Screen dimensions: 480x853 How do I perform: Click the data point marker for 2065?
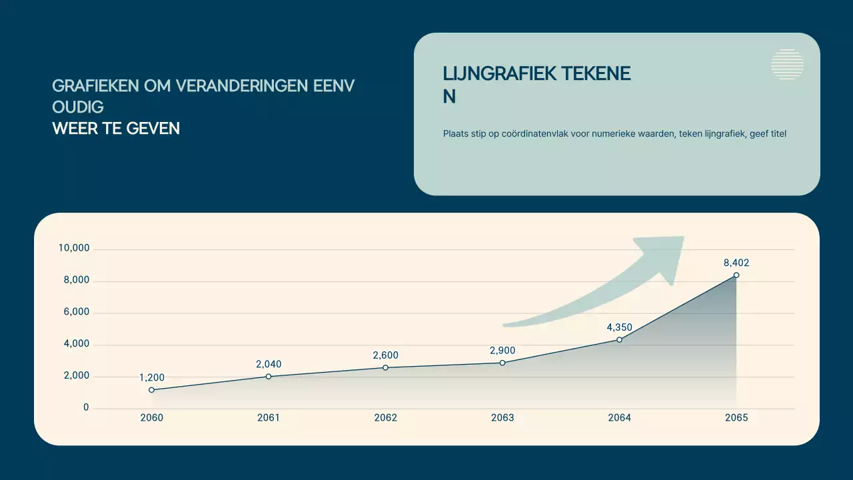(x=736, y=275)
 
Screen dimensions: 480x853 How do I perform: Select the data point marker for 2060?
(x=152, y=390)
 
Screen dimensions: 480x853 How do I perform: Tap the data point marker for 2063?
(x=502, y=363)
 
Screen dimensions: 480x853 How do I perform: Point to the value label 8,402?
(x=736, y=263)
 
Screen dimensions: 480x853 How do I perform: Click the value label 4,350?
(x=619, y=327)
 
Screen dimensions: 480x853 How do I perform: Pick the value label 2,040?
(x=269, y=364)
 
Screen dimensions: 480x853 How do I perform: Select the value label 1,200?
(x=152, y=378)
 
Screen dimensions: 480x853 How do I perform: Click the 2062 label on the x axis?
(x=386, y=418)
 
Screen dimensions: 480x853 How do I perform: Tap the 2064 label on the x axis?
(x=620, y=418)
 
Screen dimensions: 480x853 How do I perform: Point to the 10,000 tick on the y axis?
(x=74, y=249)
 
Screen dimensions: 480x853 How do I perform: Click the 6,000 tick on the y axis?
(x=77, y=312)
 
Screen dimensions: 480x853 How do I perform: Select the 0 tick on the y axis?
(x=86, y=407)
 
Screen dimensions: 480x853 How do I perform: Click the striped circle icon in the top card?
(x=787, y=65)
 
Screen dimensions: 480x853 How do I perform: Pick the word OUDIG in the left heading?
(x=78, y=107)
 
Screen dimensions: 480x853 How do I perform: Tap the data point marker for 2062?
(x=386, y=367)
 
